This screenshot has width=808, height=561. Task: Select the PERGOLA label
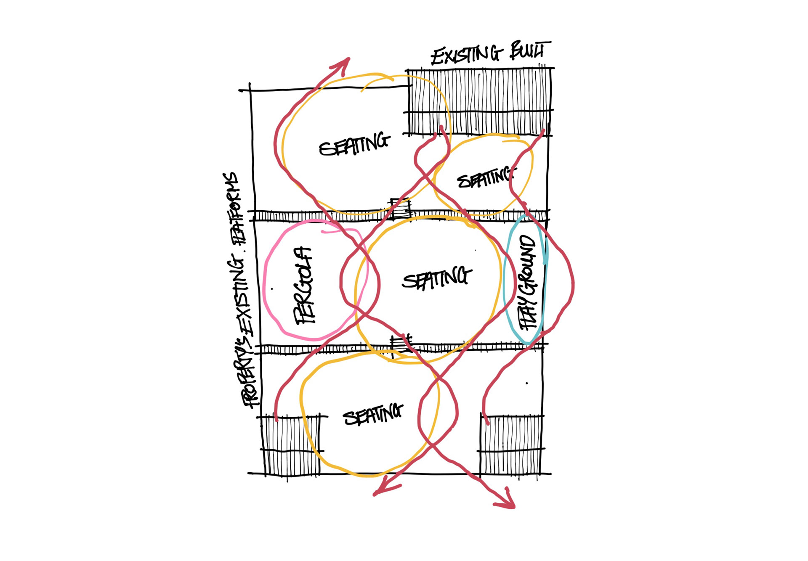tap(304, 286)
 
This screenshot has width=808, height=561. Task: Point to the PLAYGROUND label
tap(528, 282)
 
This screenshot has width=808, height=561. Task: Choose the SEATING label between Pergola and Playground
tap(436, 278)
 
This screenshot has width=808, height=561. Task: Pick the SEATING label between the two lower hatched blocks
tap(373, 415)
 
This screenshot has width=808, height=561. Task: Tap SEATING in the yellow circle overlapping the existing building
tap(354, 144)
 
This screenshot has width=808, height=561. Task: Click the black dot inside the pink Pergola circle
tap(272, 289)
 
